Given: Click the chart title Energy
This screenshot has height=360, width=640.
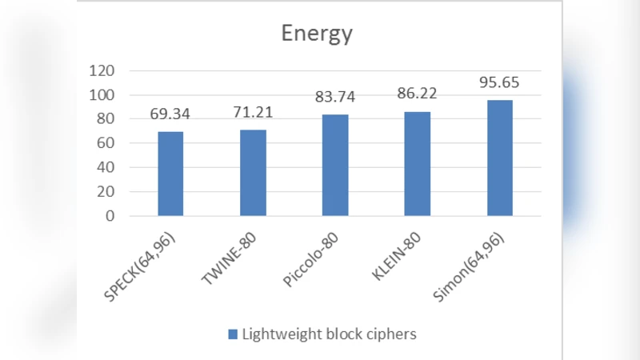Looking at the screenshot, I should click(316, 34).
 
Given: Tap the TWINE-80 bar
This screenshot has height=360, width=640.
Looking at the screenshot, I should click(253, 173).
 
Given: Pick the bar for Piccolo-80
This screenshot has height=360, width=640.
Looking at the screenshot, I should click(335, 166).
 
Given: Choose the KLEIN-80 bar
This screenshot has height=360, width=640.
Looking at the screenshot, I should click(418, 164).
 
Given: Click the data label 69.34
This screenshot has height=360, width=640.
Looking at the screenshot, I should click(170, 114).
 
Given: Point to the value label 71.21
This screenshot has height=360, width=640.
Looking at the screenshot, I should click(253, 111).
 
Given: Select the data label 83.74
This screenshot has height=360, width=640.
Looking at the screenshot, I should click(335, 97).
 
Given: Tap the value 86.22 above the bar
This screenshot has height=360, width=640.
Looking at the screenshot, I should click(418, 94).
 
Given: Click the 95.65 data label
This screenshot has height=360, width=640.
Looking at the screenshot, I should click(499, 82).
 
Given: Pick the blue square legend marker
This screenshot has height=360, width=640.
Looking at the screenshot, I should click(233, 334).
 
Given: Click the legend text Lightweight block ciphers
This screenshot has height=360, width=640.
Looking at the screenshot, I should click(329, 334).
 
